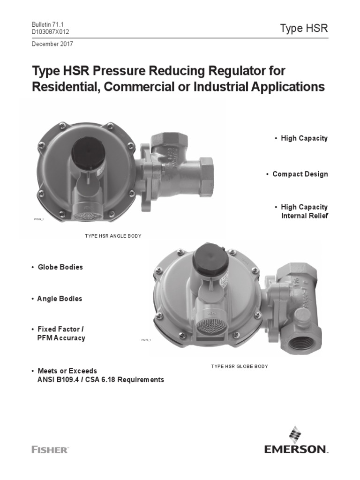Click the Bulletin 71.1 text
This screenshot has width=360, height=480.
pyautogui.click(x=47, y=24)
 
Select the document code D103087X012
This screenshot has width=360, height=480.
pyautogui.click(x=53, y=31)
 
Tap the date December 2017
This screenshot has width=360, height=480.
pyautogui.click(x=52, y=44)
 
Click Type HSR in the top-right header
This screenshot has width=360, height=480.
pyautogui.click(x=304, y=28)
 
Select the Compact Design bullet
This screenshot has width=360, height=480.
pyautogui.click(x=300, y=174)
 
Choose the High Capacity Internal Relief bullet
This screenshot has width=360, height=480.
pyautogui.click(x=304, y=211)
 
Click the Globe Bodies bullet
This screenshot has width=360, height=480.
pyautogui.click(x=60, y=267)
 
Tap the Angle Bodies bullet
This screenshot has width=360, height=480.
pyautogui.click(x=60, y=299)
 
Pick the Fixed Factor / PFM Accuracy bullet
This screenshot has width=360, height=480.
pyautogui.click(x=61, y=333)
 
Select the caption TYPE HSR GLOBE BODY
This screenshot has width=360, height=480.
pyautogui.click(x=240, y=366)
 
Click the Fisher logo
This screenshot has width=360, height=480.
pyautogui.click(x=50, y=450)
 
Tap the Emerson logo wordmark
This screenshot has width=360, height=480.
pyautogui.click(x=295, y=450)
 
